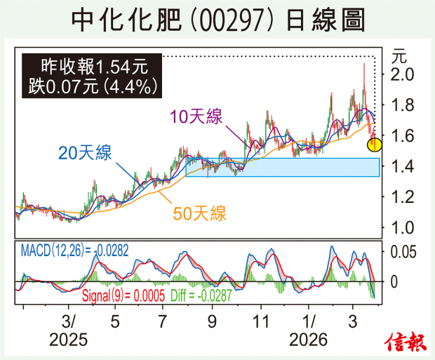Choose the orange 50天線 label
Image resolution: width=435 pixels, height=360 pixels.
199,214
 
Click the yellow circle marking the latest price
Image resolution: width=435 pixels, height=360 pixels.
375,145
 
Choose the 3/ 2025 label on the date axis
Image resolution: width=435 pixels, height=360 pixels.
69,331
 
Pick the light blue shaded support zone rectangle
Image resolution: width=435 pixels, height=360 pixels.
282,167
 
